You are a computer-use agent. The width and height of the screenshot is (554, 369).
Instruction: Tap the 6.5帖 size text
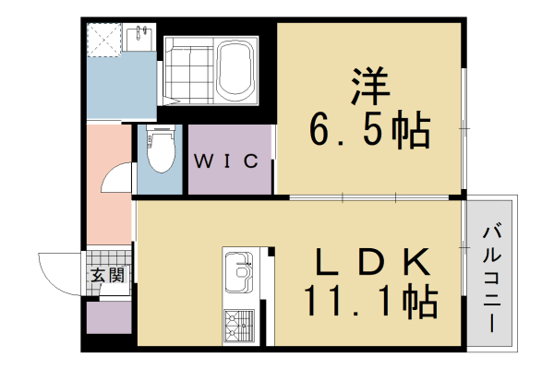(x=369, y=132)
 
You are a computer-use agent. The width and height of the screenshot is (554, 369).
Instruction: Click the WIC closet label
(x=225, y=161)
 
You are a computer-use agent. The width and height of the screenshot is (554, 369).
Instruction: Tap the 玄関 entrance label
(x=108, y=274)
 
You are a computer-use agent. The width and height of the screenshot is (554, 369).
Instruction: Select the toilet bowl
(x=162, y=151)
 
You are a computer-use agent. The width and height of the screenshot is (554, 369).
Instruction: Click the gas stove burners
(x=239, y=323)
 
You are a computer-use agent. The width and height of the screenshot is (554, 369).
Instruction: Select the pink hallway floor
(x=106, y=208)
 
